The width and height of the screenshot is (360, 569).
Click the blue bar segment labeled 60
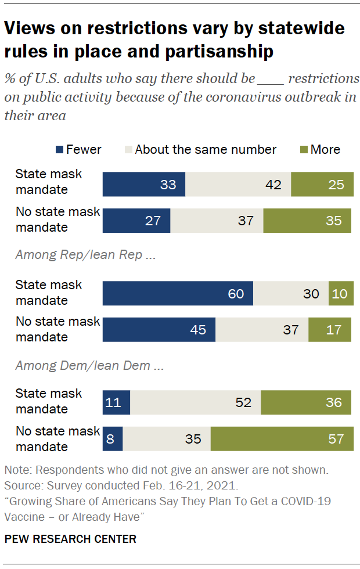[x=178, y=293]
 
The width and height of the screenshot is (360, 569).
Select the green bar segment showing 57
[x=281, y=439]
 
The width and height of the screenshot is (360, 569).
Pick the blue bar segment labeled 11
[x=116, y=402]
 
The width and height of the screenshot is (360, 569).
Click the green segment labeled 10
[x=340, y=293]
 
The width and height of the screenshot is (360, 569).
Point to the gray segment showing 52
[x=195, y=402]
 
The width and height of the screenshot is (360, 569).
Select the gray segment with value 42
[x=238, y=185]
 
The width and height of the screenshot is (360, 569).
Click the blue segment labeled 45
[x=159, y=330]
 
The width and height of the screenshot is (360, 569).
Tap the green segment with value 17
[x=330, y=330]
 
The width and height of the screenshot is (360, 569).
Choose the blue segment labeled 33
[x=143, y=185]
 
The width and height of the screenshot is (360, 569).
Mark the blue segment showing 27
[x=136, y=221]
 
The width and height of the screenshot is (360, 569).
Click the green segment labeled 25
[x=321, y=185]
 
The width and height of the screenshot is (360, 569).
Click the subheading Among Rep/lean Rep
[x=78, y=255]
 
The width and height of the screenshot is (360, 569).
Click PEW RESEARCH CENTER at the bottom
[x=70, y=539]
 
